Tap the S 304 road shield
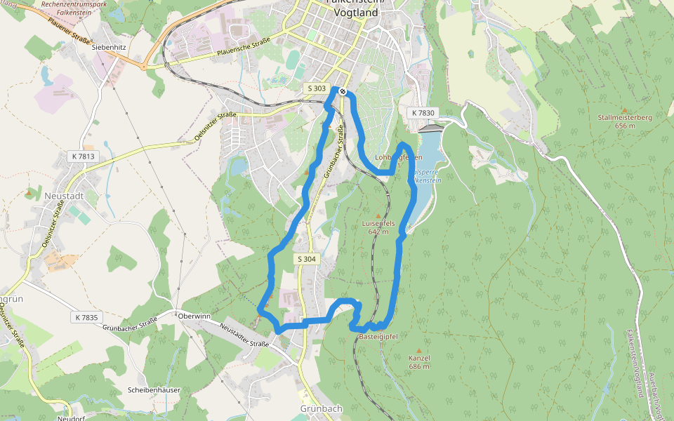coord(307,259)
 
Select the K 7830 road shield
coord(423,113)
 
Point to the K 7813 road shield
coord(83,156)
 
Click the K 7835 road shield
coord(86,317)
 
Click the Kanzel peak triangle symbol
coord(419,350)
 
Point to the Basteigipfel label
coord(378,337)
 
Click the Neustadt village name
coord(64,196)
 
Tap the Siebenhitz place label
coord(108,46)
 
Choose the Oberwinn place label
coord(194,316)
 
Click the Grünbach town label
coord(322,408)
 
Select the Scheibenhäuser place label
coord(154,390)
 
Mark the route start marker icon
coord(342,91)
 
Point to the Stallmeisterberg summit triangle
coord(625,109)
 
